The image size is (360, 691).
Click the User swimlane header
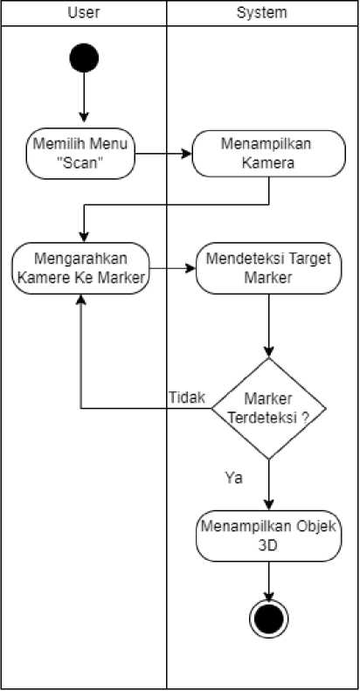click(x=84, y=13)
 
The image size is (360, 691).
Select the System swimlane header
click(x=262, y=13)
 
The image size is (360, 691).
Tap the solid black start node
click(x=84, y=58)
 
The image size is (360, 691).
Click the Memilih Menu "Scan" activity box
click(x=80, y=154)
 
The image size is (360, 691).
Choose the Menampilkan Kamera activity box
click(x=269, y=154)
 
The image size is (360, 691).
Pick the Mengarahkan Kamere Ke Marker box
click(x=80, y=268)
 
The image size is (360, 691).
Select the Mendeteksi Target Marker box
click(x=269, y=268)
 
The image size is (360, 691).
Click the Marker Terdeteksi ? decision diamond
click(x=269, y=409)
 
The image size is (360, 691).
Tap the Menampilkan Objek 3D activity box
click(x=269, y=536)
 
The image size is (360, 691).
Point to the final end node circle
click(x=269, y=618)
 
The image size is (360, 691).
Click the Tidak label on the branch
click(x=187, y=397)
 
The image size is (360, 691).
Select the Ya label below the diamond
click(x=233, y=478)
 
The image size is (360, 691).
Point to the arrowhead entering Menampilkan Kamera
click(x=187, y=154)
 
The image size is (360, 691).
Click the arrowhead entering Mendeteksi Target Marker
click(x=190, y=268)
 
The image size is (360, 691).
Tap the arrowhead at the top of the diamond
click(x=269, y=352)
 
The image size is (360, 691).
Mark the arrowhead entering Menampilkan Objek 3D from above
click(x=269, y=505)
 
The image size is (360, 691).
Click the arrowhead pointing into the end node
click(x=269, y=595)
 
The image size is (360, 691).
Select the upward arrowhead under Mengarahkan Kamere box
click(x=80, y=300)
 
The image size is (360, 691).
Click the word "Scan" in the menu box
click(x=80, y=163)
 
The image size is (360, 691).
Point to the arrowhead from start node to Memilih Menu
click(x=84, y=117)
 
